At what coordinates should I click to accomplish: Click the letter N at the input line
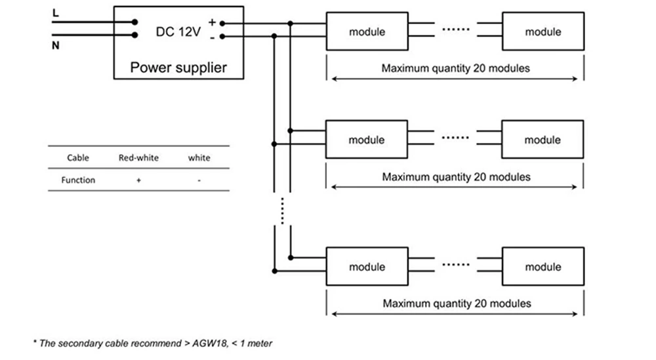[x=55, y=45]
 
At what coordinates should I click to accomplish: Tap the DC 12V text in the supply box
[x=178, y=32]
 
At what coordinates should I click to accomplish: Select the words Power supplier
[x=178, y=67]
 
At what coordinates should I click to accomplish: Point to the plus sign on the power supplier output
[x=212, y=22]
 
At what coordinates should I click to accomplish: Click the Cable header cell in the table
[x=78, y=157]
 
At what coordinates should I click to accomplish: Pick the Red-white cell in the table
[x=138, y=157]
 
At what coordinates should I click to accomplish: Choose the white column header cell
[x=199, y=157]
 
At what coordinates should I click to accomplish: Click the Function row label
[x=78, y=180]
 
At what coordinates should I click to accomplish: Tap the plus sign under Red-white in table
[x=138, y=180]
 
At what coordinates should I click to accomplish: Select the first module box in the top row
[x=367, y=31]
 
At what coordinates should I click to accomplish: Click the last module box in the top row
[x=543, y=31]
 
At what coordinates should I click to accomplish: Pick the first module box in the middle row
[x=367, y=140]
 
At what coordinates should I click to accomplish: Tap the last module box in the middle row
[x=543, y=140]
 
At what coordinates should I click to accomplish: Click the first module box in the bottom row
[x=367, y=267]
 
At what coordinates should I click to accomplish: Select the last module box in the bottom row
[x=543, y=267]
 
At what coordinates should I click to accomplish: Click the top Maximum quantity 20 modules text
[x=456, y=68]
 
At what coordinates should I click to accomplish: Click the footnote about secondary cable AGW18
[x=152, y=343]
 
